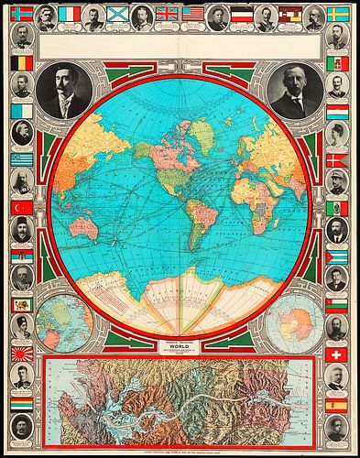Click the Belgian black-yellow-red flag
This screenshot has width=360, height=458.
pyautogui.click(x=22, y=63)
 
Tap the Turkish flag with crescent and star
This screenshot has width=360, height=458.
pyautogui.click(x=22, y=207)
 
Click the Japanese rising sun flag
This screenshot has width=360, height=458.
pyautogui.click(x=22, y=353)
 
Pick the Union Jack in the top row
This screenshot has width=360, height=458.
pyautogui.click(x=166, y=14)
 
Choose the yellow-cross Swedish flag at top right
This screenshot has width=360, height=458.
pyautogui.click(x=337, y=14)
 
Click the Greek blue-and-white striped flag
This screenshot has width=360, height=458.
pyautogui.click(x=22, y=159)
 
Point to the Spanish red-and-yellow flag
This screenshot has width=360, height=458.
pyautogui.click(x=337, y=403)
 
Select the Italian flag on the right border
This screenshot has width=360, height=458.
pyautogui.click(x=337, y=63)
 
